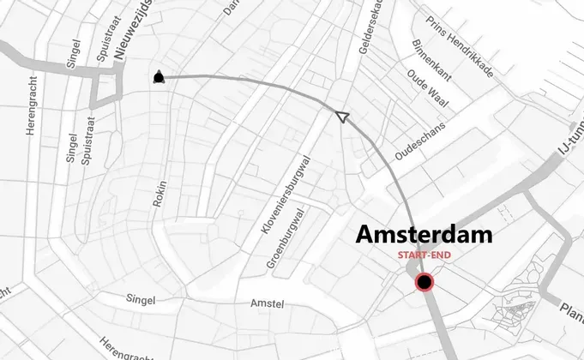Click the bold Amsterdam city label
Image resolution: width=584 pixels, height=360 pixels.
tap(424, 234)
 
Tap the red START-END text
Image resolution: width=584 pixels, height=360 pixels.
tap(424, 255)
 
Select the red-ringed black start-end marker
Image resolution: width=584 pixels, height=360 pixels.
tap(424, 282)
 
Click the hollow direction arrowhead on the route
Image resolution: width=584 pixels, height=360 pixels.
tap(341, 117)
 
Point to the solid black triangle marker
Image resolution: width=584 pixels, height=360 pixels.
tap(158, 78)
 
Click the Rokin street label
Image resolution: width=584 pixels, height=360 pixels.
tap(159, 193)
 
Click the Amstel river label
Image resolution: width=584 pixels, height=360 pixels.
tap(267, 304)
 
